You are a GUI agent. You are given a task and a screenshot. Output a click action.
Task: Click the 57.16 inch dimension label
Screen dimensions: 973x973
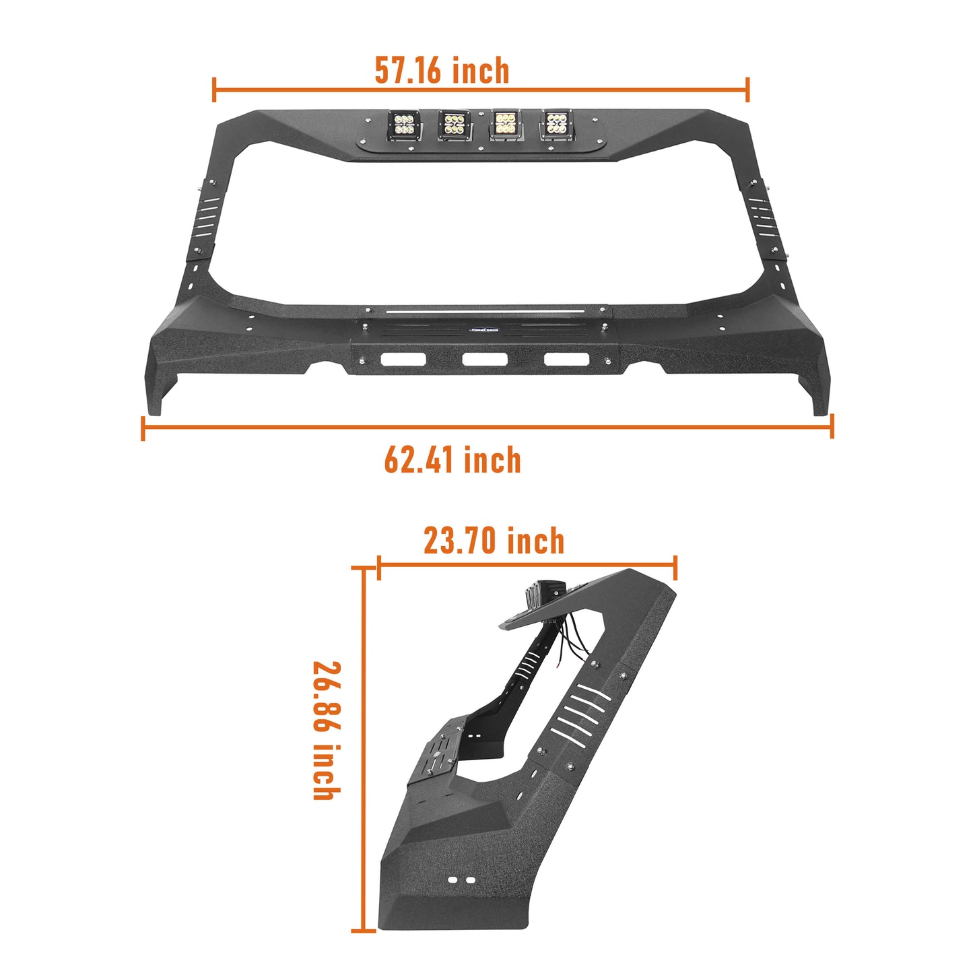(x=442, y=71)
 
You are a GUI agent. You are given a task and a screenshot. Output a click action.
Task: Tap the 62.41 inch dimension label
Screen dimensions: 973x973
(x=452, y=461)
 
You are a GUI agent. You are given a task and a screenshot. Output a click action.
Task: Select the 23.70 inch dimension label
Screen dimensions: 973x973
(x=494, y=541)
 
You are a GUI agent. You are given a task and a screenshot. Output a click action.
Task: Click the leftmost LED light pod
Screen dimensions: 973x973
(x=404, y=126)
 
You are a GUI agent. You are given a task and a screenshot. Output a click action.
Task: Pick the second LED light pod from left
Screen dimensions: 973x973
(x=454, y=125)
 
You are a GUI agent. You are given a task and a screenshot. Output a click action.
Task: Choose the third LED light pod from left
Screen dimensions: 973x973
(x=505, y=125)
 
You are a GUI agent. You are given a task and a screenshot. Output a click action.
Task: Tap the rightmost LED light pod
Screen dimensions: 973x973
(x=556, y=125)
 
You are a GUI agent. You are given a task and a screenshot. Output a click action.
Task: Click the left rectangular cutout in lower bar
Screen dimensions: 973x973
(x=403, y=359)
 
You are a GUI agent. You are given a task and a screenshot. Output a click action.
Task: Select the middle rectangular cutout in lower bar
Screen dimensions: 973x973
(x=484, y=359)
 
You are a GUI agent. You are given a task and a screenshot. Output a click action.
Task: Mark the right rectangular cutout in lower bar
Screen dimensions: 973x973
(x=566, y=359)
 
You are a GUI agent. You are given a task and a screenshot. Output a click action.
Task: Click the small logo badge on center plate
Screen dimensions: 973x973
(x=484, y=331)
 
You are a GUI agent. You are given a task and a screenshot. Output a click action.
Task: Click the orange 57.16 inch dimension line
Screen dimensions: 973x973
(x=481, y=90)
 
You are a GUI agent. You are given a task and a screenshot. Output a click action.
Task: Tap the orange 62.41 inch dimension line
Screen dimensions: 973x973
(x=488, y=427)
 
